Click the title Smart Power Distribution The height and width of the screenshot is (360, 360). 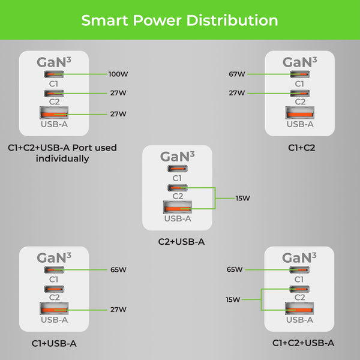pyautogui.click(x=179, y=20)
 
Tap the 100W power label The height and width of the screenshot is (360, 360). pyautogui.click(x=118, y=74)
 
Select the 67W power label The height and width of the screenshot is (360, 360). pyautogui.click(x=236, y=74)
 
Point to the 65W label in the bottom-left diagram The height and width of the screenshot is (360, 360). pyautogui.click(x=118, y=270)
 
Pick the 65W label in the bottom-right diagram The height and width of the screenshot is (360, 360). pyautogui.click(x=235, y=270)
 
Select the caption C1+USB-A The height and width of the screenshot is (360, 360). pyautogui.click(x=54, y=343)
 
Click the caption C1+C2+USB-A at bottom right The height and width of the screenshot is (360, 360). pyautogui.click(x=303, y=343)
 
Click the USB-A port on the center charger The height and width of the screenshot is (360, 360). pyautogui.click(x=176, y=208)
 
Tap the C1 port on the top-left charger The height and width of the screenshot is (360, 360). pyautogui.click(x=54, y=74)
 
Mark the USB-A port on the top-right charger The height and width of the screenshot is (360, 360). pyautogui.click(x=299, y=113)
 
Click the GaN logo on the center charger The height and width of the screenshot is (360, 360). pyautogui.click(x=177, y=157)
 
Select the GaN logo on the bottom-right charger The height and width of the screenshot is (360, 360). pyautogui.click(x=299, y=258)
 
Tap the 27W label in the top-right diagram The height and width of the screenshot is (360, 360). pyautogui.click(x=236, y=93)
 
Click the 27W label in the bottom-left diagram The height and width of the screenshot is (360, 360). pyautogui.click(x=118, y=310)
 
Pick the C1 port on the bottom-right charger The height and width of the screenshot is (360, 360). pyautogui.click(x=299, y=270)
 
